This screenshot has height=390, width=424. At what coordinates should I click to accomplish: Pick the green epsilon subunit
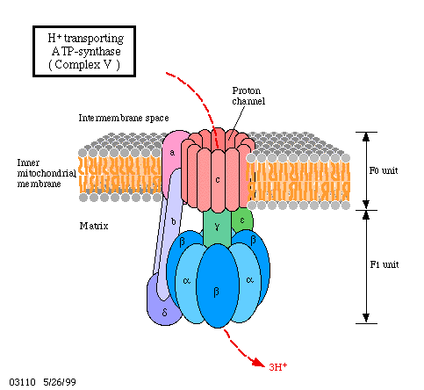click(242, 220)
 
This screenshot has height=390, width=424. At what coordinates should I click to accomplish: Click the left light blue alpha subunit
click(186, 283)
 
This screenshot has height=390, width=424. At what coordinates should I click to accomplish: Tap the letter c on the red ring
click(218, 179)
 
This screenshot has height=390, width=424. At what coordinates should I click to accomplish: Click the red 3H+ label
click(277, 366)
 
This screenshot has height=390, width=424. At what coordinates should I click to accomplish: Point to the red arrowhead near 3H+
click(258, 362)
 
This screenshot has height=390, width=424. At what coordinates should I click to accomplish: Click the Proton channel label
click(248, 96)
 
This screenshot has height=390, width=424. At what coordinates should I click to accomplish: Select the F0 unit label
click(384, 170)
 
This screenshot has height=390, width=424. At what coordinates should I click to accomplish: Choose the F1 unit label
click(384, 264)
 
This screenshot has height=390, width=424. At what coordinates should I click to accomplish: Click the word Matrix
click(94, 226)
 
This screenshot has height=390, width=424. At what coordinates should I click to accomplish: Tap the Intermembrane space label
click(124, 118)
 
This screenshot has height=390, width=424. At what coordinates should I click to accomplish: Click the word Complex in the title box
click(77, 65)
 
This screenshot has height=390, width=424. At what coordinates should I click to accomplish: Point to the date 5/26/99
click(60, 382)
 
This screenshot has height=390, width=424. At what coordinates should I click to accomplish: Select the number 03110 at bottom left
click(22, 382)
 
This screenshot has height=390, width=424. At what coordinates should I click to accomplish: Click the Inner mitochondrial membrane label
click(47, 173)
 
